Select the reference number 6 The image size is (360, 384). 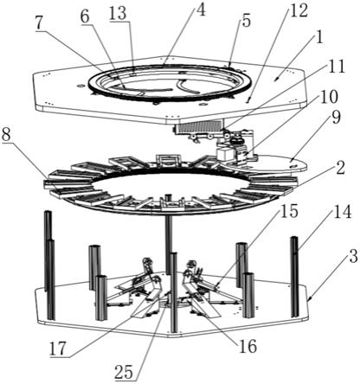pyautogui.click(x=86, y=17)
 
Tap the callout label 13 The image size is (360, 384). pyautogui.click(x=118, y=13)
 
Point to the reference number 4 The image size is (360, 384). pyautogui.click(x=201, y=10)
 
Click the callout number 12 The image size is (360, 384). pyautogui.click(x=246, y=22)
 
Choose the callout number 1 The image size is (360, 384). pyautogui.click(x=319, y=37)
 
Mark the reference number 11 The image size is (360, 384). pyautogui.click(x=336, y=67)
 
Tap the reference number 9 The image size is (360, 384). pyautogui.click(x=336, y=118)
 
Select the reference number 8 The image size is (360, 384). pyautogui.click(x=8, y=135)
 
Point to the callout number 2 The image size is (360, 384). pyautogui.click(x=340, y=168)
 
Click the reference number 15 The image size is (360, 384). pyautogui.click(x=289, y=211)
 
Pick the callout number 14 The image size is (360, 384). pyautogui.click(x=342, y=212)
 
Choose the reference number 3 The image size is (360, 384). pyautogui.click(x=354, y=256)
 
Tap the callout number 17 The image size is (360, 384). pyautogui.click(x=58, y=349)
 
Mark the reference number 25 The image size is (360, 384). pyautogui.click(x=124, y=372)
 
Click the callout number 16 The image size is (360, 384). pyautogui.click(x=247, y=346)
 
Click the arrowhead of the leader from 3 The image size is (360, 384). pyautogui.click(x=308, y=300)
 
